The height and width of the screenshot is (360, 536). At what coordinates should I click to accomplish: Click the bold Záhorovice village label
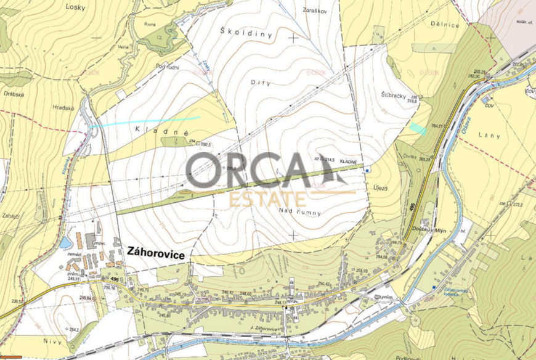click(x=156, y=252)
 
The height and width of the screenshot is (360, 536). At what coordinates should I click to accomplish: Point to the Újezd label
click(x=380, y=187)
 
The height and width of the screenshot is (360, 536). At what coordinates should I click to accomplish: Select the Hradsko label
click(x=62, y=107)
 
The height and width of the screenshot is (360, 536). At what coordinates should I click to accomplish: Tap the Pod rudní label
click(x=168, y=67)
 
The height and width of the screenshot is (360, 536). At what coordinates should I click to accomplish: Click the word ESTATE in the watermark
click(x=267, y=199)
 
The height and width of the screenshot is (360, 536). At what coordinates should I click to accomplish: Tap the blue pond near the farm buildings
click(x=65, y=243)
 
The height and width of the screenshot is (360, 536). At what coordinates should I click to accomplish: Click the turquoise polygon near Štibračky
click(x=418, y=128)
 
